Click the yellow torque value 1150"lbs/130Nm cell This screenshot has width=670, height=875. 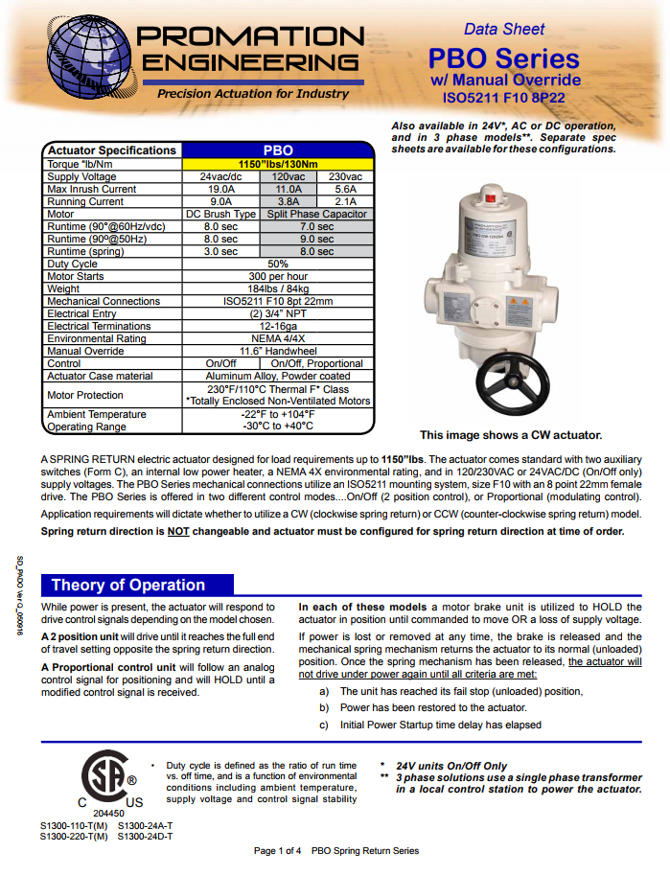pyautogui.click(x=278, y=164)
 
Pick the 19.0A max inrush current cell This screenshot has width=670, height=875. pyautogui.click(x=220, y=190)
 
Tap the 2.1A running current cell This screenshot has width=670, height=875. pyautogui.click(x=345, y=202)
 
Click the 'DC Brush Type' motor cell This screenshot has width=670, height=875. pyautogui.click(x=220, y=215)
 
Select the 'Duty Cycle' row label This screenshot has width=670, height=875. pyautogui.click(x=73, y=264)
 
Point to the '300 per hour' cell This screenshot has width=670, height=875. pyautogui.click(x=278, y=276)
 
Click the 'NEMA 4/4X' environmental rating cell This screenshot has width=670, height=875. pyautogui.click(x=278, y=338)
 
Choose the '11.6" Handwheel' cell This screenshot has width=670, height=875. pyautogui.click(x=278, y=351)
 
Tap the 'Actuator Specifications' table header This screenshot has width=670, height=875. pyautogui.click(x=112, y=150)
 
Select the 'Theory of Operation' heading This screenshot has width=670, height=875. pyautogui.click(x=127, y=585)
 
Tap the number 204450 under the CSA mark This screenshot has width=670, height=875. pyautogui.click(x=108, y=813)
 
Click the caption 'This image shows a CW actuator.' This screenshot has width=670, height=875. pyautogui.click(x=511, y=435)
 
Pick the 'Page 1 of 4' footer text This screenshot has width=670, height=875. pyautogui.click(x=278, y=851)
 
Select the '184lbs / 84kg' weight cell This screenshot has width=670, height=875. pyautogui.click(x=278, y=288)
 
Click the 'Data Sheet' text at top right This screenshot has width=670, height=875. pyautogui.click(x=505, y=30)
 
